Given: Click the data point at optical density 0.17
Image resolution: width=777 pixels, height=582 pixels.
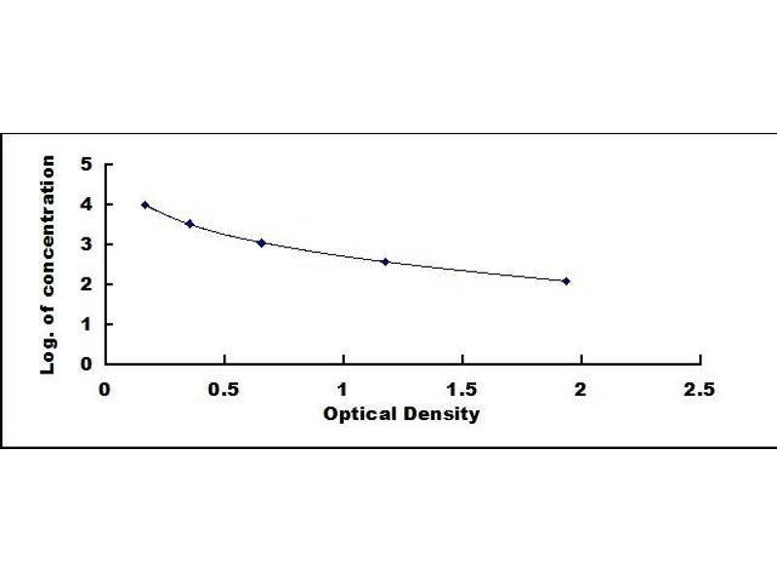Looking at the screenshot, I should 145,205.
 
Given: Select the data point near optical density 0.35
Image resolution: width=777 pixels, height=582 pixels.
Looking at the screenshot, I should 189,224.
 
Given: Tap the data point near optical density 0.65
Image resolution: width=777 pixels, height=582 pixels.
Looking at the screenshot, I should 261,242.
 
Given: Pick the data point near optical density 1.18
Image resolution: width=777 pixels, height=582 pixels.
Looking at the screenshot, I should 386,261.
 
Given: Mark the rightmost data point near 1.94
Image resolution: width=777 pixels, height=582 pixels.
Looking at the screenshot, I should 566,281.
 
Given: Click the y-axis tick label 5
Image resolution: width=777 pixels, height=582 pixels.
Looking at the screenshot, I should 86,165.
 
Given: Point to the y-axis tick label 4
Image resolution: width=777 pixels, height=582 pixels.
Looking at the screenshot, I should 86,205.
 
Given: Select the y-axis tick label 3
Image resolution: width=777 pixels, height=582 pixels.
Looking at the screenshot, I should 86,244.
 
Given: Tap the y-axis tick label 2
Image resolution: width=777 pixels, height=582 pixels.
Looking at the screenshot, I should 86,284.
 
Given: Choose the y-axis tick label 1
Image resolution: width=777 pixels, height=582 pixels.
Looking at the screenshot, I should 86,324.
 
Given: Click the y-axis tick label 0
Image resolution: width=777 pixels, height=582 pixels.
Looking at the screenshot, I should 86,364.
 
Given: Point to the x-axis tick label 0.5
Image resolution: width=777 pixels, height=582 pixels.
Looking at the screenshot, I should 224,389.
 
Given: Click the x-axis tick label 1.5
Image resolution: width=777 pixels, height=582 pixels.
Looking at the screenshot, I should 461,389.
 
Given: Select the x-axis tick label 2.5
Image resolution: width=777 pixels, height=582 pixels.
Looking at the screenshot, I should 699,389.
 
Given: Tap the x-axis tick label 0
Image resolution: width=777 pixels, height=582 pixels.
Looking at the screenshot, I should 105,389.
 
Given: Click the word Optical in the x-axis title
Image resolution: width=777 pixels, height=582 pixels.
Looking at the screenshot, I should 357,415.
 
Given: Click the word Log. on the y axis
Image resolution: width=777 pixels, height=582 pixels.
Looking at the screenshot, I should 47,356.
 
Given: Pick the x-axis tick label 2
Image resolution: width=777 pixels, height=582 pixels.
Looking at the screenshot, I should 581,389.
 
